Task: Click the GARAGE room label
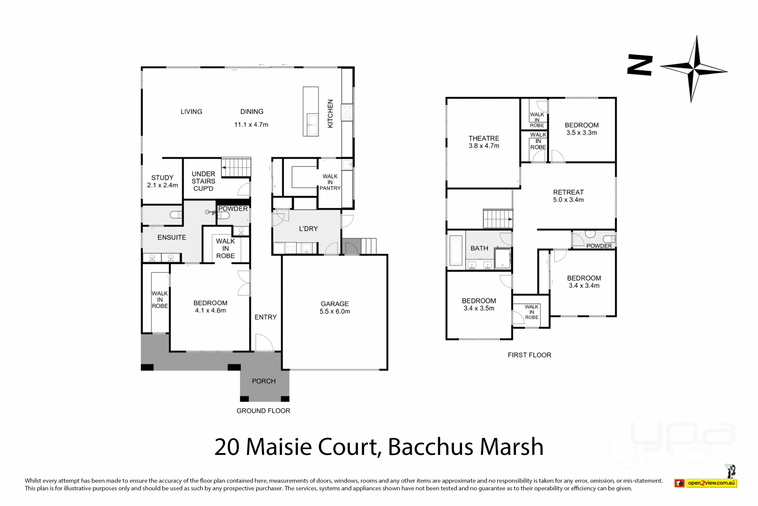pyautogui.click(x=334, y=304)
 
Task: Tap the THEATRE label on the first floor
pyautogui.click(x=484, y=138)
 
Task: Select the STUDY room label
pyautogui.click(x=162, y=177)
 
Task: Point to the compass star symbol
pyautogui.click(x=694, y=69)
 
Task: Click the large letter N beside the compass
pyautogui.click(x=640, y=66)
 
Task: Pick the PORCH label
pyautogui.click(x=264, y=381)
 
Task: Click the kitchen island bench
pyautogui.click(x=311, y=111)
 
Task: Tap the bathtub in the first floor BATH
pyautogui.click(x=456, y=250)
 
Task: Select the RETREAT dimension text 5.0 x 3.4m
pyautogui.click(x=568, y=200)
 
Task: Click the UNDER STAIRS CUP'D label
pyautogui.click(x=203, y=181)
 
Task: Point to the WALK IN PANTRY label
pyautogui.click(x=330, y=182)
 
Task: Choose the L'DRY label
pyautogui.click(x=308, y=228)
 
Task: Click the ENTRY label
pyautogui.click(x=266, y=317)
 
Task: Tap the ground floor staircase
pyautogui.click(x=236, y=167)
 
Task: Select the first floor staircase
pyautogui.click(x=498, y=219)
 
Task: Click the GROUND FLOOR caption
pyautogui.click(x=263, y=411)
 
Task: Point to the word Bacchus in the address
pyautogui.click(x=431, y=447)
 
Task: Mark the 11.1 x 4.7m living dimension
pyautogui.click(x=251, y=125)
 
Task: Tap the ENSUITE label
pyautogui.click(x=172, y=237)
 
